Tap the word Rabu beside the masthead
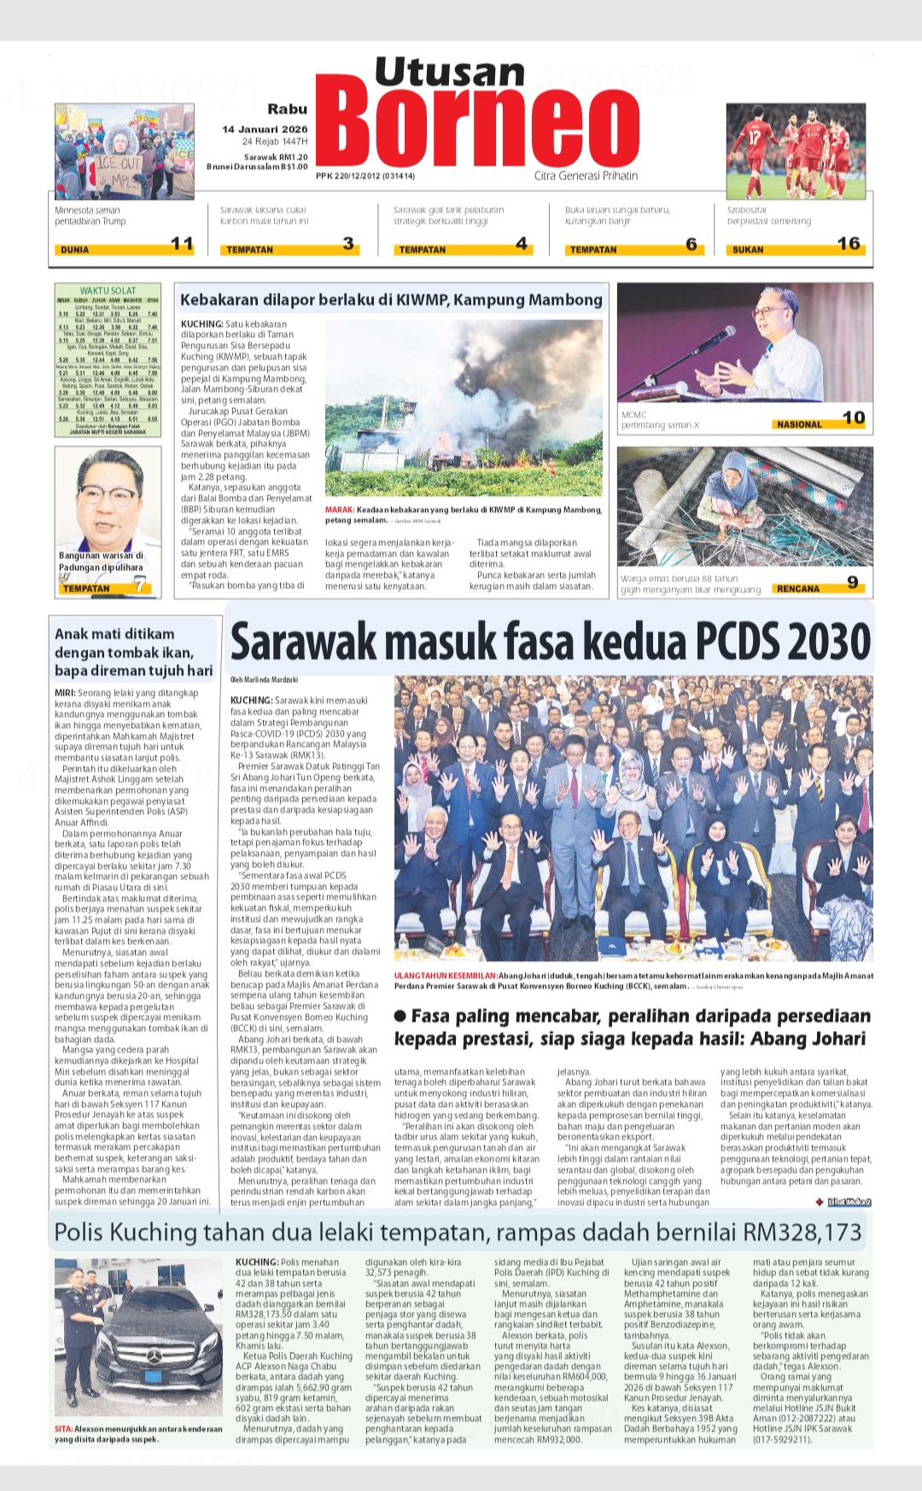[x=287, y=109]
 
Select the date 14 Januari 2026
[x=265, y=130]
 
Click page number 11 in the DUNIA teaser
[x=182, y=244]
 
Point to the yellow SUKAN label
[x=748, y=250]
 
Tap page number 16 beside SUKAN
[x=849, y=244]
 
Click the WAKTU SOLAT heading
[x=108, y=291]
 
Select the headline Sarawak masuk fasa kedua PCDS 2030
[x=551, y=642]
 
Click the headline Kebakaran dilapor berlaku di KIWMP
[x=391, y=300]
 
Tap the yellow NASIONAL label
[x=799, y=424]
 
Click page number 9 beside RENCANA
[x=852, y=583]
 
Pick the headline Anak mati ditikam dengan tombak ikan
[x=133, y=652]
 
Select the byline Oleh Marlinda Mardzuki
[x=264, y=680]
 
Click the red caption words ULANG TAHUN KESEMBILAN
[x=445, y=976]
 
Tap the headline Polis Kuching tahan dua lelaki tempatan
[x=458, y=1232]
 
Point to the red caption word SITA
[x=63, y=1429]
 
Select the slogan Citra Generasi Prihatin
[x=586, y=176]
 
